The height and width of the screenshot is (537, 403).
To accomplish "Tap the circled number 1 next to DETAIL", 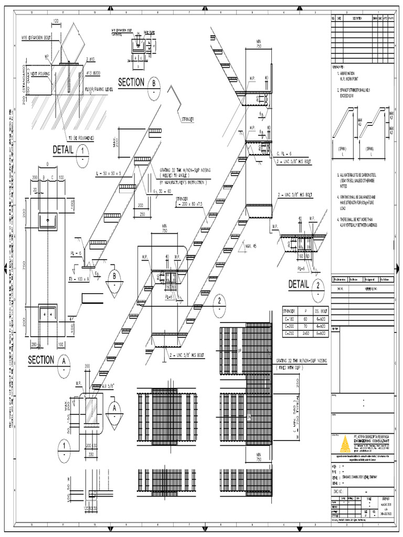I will coord(82,152).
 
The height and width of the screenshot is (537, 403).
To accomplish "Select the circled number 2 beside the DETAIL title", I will coord(318,286).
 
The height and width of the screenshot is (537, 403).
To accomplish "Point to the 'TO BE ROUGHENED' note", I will coord(81,138).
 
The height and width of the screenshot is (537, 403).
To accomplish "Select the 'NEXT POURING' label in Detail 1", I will coord(40,74).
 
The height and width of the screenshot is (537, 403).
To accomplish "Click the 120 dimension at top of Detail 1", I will coord(56,21).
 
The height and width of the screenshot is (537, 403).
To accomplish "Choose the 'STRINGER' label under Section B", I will coord(186,120).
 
